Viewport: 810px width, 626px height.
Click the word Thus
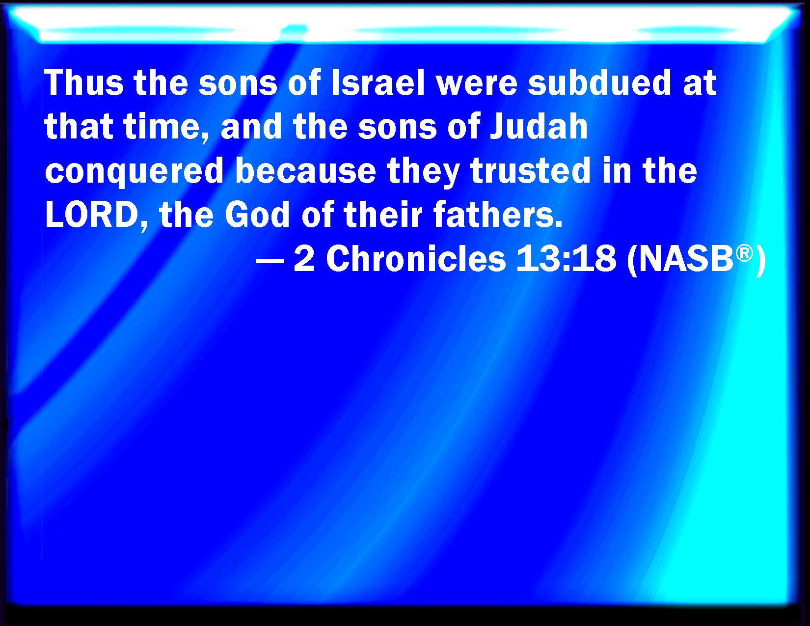coord(84,82)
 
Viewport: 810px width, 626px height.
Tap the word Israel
coord(378,82)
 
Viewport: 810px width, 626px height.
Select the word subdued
coord(599,82)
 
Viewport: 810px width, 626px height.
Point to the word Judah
coord(539,126)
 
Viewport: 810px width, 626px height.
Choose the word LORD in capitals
coord(92,215)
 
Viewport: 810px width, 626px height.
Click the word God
coord(257,215)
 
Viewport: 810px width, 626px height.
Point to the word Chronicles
coord(416,259)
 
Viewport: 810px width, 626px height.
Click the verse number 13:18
coord(566,259)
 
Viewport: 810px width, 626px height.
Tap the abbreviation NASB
coord(686,259)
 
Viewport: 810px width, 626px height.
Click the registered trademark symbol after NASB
coord(744,253)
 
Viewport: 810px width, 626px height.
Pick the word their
coord(383,215)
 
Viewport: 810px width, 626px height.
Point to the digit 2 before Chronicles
coord(304,259)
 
